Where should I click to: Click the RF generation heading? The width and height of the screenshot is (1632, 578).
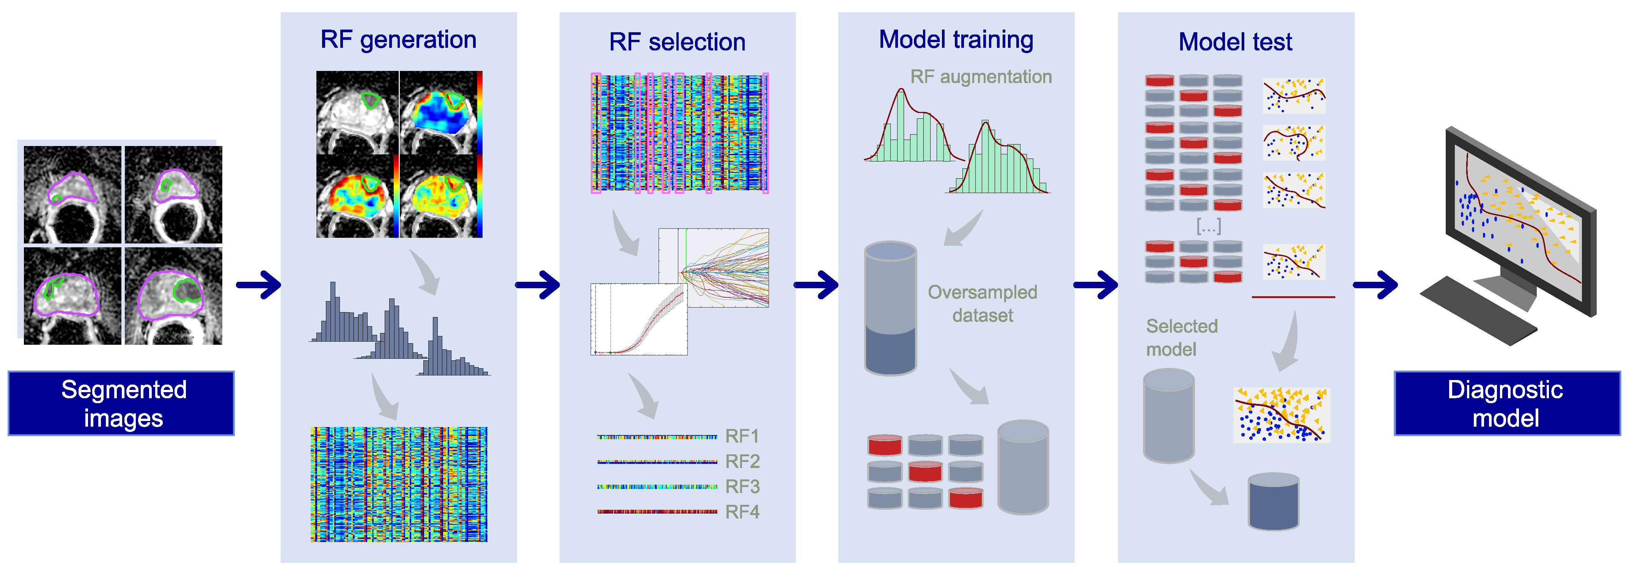point(398,40)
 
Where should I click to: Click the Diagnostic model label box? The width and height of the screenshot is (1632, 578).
point(1506,403)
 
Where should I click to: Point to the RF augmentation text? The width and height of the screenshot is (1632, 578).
point(981,77)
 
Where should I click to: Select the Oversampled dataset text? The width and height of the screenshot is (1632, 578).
point(982,303)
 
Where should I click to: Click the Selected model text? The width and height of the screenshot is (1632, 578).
point(1182,338)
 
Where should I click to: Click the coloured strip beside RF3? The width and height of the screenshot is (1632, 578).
point(657,487)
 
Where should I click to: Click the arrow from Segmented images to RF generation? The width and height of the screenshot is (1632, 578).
point(258,285)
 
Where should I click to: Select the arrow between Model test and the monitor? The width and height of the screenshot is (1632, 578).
point(1375,285)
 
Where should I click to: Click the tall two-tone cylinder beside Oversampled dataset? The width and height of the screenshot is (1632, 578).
point(890,308)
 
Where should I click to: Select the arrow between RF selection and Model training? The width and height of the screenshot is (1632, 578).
point(816,285)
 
